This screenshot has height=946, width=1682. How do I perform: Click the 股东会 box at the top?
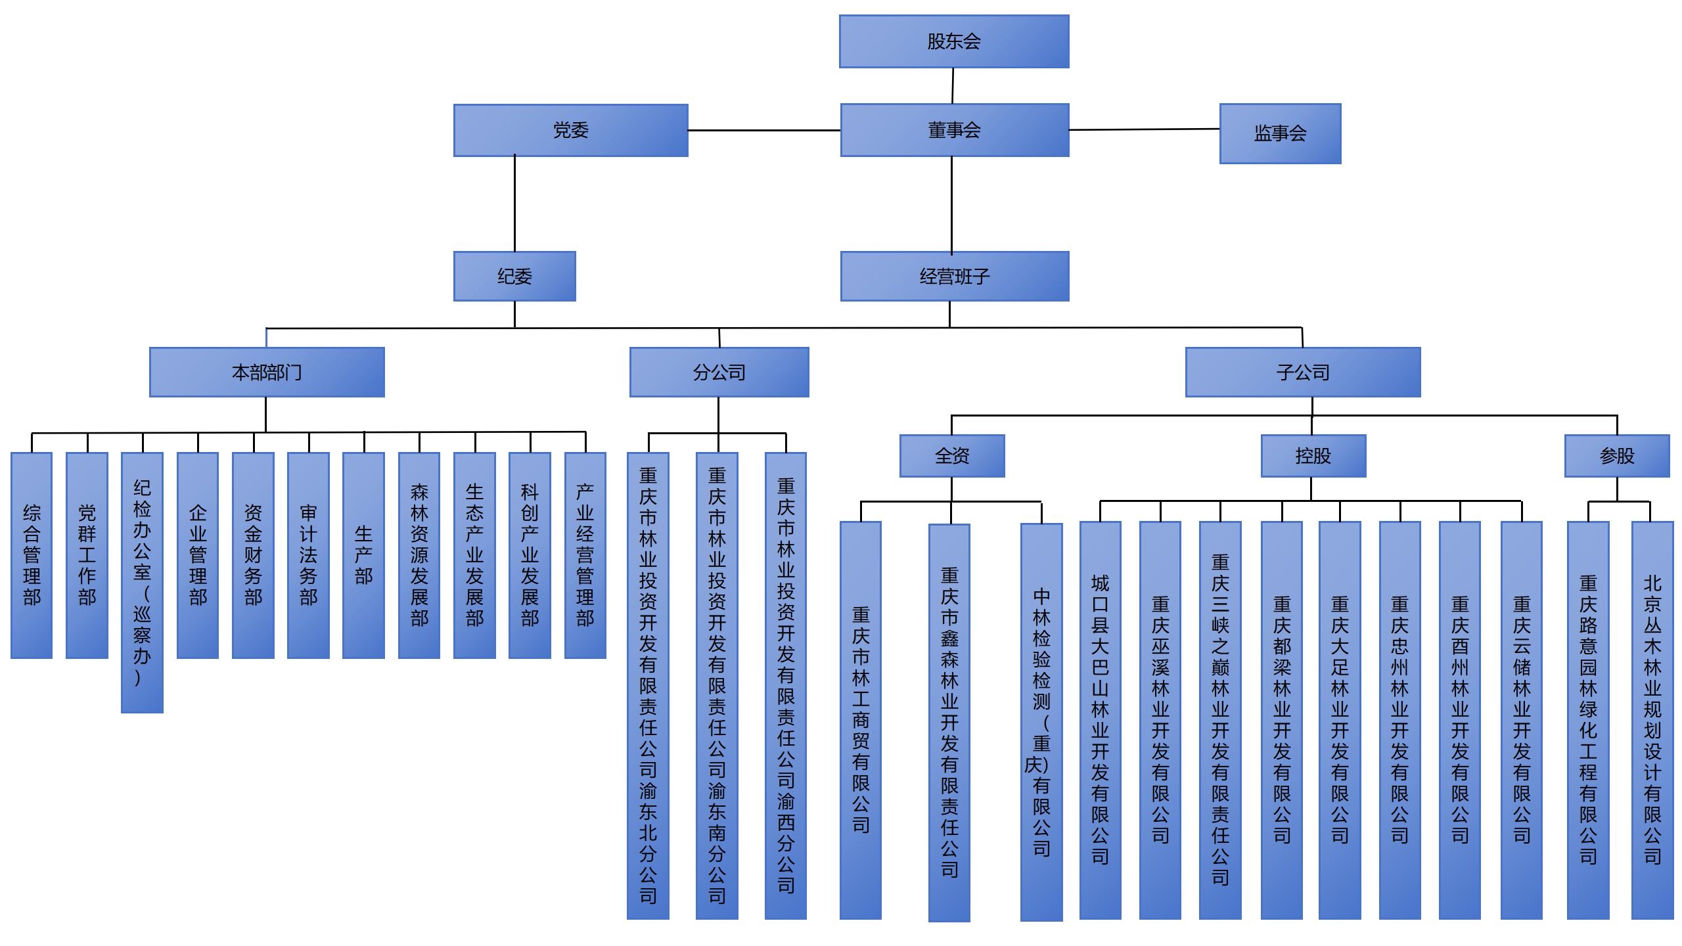click(954, 41)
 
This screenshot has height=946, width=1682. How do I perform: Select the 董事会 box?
click(954, 130)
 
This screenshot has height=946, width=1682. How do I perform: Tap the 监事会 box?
click(1280, 133)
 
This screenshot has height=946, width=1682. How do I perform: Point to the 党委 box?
click(570, 130)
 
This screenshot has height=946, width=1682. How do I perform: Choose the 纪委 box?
click(514, 277)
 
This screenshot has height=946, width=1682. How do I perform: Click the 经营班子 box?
click(954, 277)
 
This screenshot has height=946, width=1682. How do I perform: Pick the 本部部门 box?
click(267, 372)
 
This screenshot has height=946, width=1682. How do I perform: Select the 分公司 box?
click(719, 372)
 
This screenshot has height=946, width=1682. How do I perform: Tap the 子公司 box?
click(1303, 372)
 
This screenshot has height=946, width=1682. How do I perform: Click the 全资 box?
click(952, 456)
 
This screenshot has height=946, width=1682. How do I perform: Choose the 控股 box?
click(1313, 456)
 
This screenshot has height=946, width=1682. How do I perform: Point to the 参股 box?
click(1617, 456)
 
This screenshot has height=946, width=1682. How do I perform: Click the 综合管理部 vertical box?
click(32, 555)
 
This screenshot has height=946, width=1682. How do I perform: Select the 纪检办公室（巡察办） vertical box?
click(142, 582)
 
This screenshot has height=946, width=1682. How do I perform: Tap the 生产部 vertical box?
click(363, 555)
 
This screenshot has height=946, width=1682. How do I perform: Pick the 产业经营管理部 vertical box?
click(585, 555)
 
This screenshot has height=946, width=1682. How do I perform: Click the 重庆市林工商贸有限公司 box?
click(861, 720)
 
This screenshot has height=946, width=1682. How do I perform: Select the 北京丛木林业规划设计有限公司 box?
click(1652, 720)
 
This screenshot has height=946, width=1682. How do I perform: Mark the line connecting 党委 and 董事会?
click(764, 131)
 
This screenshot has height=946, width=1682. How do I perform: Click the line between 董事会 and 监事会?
click(1144, 129)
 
